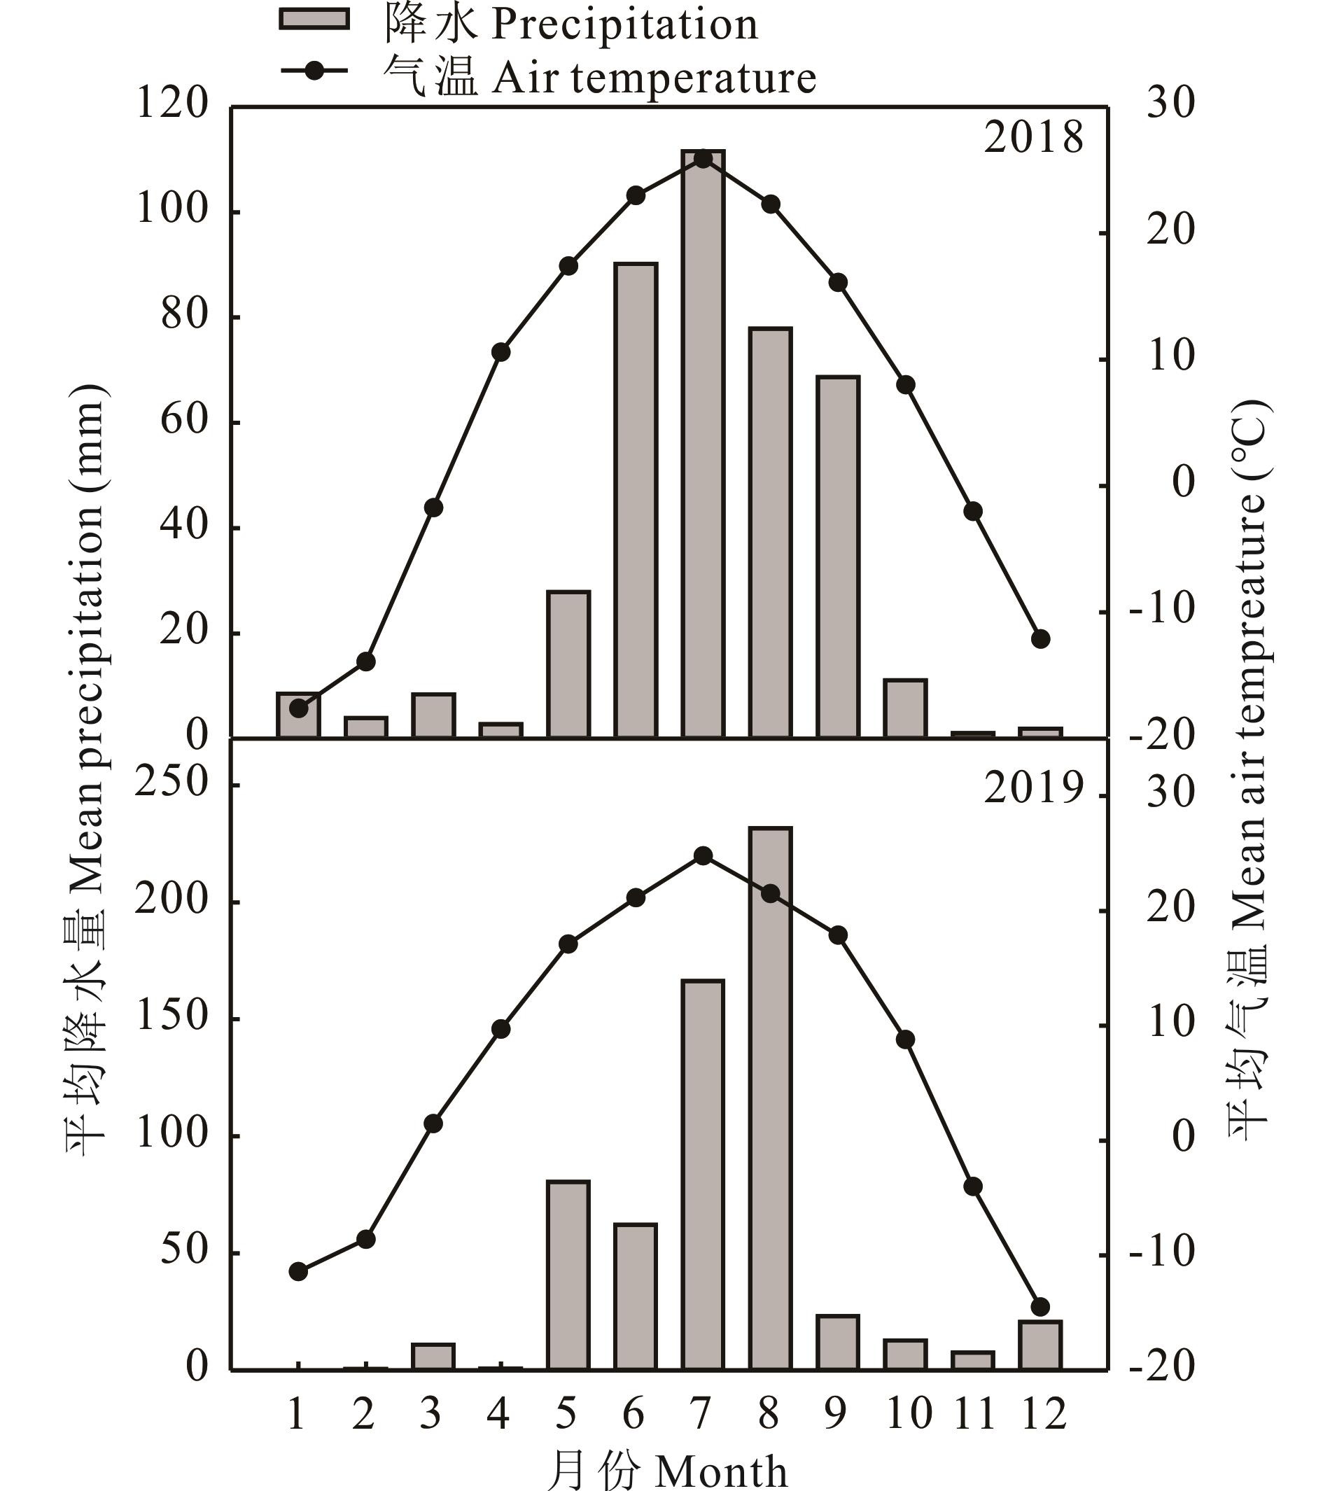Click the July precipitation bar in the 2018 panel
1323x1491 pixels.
click(702, 445)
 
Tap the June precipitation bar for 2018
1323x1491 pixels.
click(635, 500)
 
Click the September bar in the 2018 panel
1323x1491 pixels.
click(838, 556)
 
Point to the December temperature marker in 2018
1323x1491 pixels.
click(1041, 639)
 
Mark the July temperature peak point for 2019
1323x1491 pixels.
click(703, 855)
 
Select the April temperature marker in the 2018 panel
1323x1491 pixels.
click(500, 352)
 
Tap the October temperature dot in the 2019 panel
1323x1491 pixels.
click(905, 1039)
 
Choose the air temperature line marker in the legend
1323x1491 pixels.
click(314, 72)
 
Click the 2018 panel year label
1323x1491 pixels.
click(1033, 138)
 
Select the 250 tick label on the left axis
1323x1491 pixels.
click(173, 783)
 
